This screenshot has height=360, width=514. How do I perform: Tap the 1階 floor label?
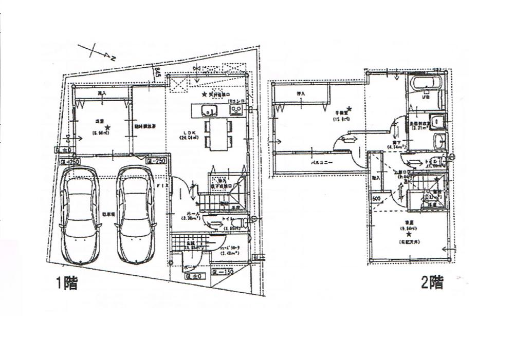point(67,283)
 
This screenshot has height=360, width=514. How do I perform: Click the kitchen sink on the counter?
point(208,110)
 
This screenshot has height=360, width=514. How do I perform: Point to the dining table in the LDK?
point(218,135)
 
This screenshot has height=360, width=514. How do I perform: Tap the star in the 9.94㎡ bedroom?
point(409,234)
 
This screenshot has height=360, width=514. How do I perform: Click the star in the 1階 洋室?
point(107,127)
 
